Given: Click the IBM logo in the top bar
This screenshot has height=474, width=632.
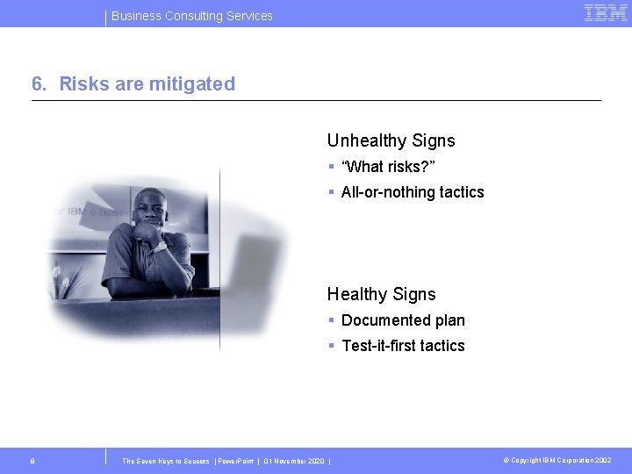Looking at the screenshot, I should pos(606,13).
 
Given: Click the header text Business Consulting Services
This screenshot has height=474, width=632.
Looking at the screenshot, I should pos(192,16).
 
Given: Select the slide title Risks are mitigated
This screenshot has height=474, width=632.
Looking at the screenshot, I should pos(147,84).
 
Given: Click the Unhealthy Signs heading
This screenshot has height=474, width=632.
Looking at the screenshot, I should pos(391,140).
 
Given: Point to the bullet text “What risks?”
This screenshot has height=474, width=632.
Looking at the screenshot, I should pos(388,167).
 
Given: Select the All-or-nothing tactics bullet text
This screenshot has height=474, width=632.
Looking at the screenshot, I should pos(413,192).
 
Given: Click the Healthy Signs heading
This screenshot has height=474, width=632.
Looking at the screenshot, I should pos(381,294).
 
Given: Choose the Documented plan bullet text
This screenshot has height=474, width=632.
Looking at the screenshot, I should pos(403,320).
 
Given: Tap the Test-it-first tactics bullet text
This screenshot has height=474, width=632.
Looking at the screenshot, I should pos(403,346).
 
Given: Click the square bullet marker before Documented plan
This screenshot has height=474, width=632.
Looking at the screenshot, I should pos(332,320).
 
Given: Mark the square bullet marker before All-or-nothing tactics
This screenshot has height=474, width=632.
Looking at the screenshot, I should pos(332,192).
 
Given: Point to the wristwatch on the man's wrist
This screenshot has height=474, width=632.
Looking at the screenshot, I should pos(159,247).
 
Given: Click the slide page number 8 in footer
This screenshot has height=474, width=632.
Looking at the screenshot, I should pos(32,460).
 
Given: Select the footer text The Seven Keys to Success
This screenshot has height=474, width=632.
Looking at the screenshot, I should pos(166,461).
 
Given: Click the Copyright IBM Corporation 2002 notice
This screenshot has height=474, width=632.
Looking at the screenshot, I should pos(557,460).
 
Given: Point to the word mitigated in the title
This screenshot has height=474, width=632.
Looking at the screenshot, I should pos(197,84).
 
